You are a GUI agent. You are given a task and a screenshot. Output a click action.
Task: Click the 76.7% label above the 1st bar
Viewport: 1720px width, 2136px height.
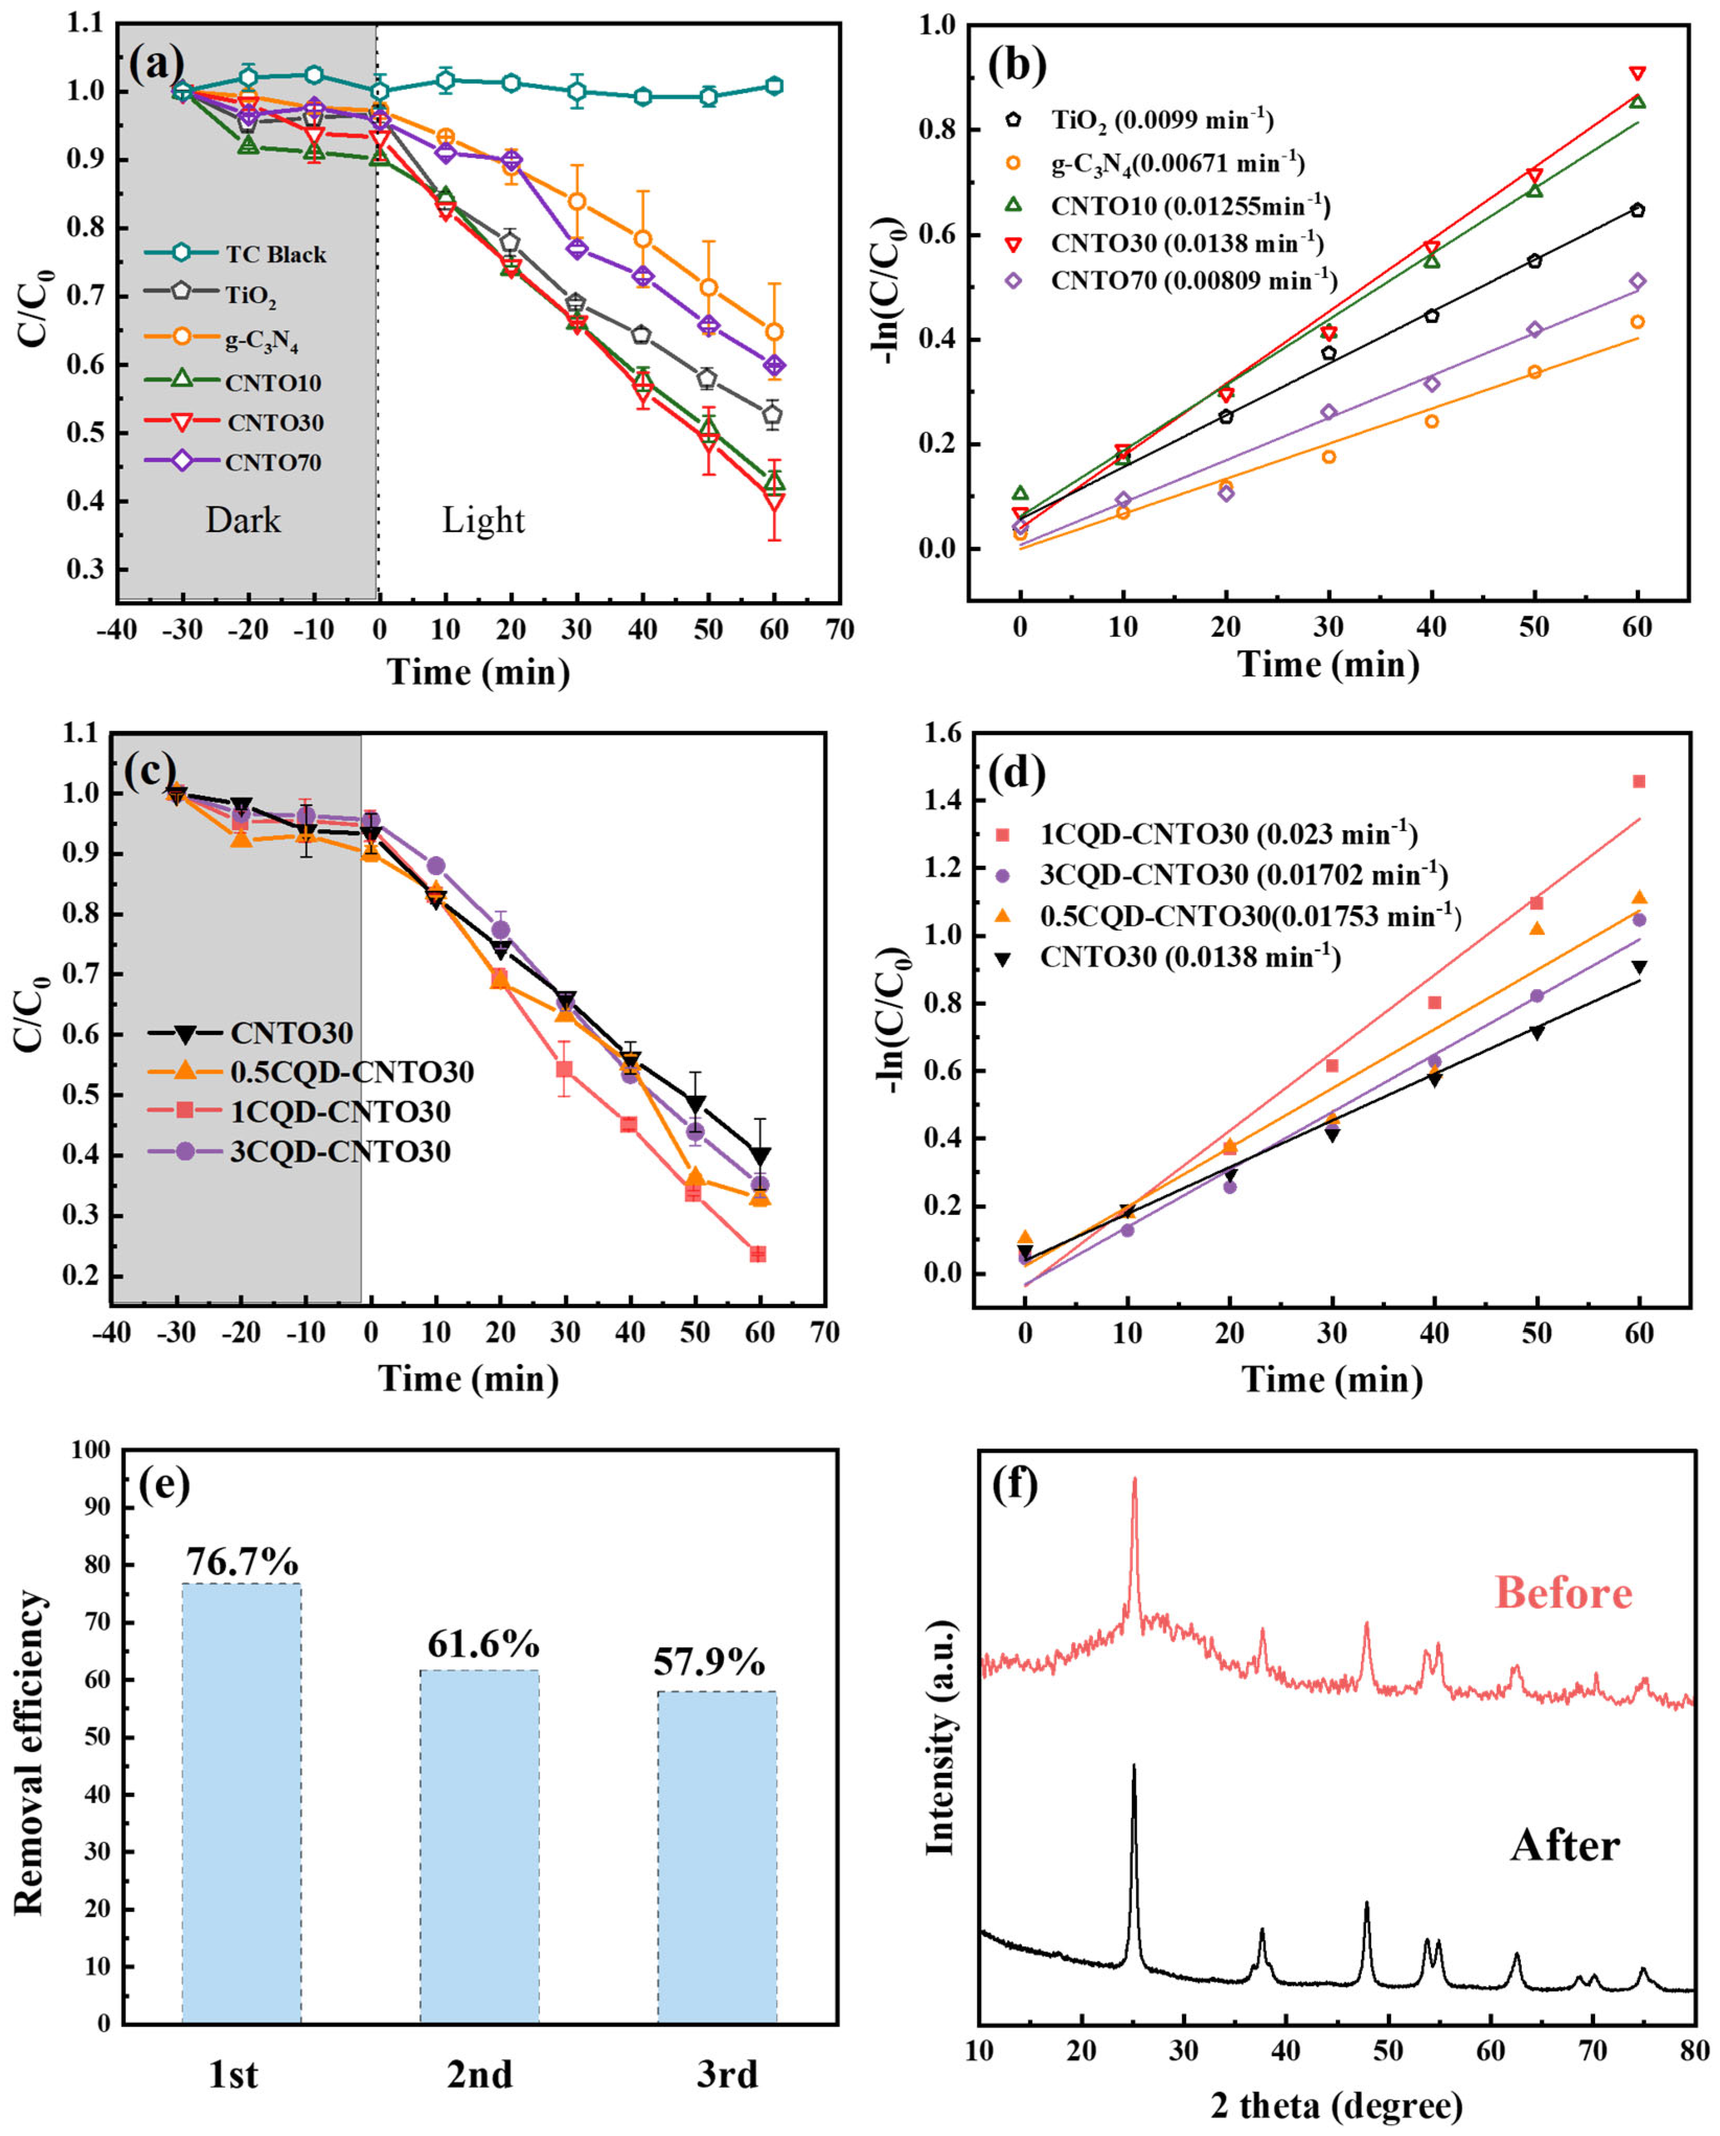[x=242, y=1563]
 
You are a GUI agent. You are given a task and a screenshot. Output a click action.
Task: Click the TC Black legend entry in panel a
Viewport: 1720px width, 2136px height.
[x=274, y=255]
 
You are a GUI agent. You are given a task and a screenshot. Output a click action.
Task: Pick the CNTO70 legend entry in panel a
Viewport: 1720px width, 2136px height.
[x=272, y=463]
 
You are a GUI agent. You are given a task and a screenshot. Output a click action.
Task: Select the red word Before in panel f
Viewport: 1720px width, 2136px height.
[x=1563, y=1592]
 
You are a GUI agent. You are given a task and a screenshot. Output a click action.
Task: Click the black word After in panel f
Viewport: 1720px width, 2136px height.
[x=1564, y=1845]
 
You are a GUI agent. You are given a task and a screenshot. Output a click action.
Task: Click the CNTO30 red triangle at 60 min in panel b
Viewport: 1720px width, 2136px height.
[x=1638, y=73]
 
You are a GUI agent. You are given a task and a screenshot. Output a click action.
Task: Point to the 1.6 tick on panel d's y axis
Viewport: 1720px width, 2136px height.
[x=941, y=733]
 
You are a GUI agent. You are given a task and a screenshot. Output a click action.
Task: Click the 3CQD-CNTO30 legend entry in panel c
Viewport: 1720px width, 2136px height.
[x=340, y=1151]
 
